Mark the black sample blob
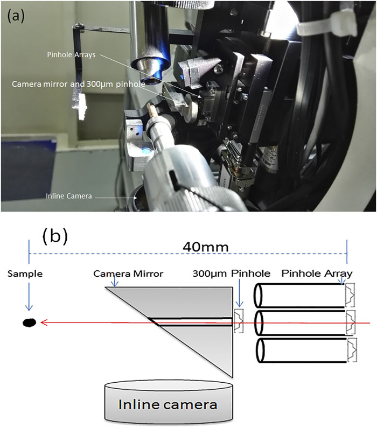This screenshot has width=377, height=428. click(x=29, y=322)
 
